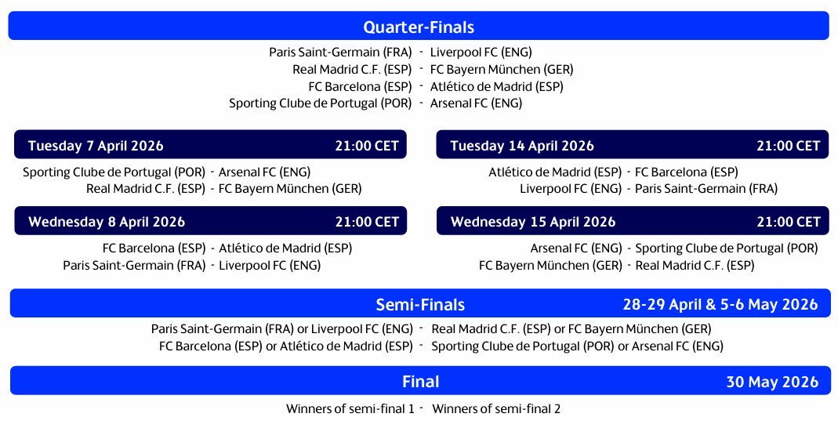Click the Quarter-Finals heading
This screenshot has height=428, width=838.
[419, 27]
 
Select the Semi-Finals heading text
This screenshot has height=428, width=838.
[420, 304]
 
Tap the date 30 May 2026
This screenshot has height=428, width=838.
[772, 382]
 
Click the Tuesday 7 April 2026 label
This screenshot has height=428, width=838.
[96, 146]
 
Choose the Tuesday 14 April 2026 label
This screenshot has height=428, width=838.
[522, 146]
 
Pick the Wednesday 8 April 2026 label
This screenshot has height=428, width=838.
[107, 222]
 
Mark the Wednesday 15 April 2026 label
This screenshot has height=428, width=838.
[533, 222]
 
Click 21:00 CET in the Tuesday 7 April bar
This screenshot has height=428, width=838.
[366, 146]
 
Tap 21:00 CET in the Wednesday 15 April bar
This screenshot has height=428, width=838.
[788, 222]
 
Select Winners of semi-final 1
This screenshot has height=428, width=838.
[350, 408]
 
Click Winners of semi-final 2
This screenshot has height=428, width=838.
[496, 408]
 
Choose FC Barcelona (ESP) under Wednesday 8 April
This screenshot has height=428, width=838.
[154, 248]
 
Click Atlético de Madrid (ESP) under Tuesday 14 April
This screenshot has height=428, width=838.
[555, 172]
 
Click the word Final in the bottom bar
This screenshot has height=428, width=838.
[420, 382]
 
